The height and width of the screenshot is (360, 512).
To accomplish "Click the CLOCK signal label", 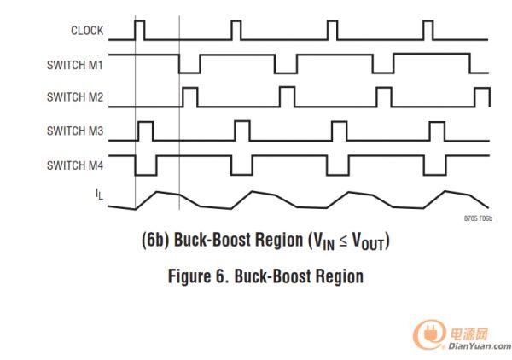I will pos(86,31).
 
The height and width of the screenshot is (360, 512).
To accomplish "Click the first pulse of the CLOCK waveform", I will pos(141,30).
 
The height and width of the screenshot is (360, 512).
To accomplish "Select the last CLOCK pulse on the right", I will pos(428,30).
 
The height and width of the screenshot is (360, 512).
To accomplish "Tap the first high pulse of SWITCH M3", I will pos(146,131).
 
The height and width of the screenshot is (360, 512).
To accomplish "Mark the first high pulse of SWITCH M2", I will pos(190,96).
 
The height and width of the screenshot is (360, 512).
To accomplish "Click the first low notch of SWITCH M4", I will pos(145,165).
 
